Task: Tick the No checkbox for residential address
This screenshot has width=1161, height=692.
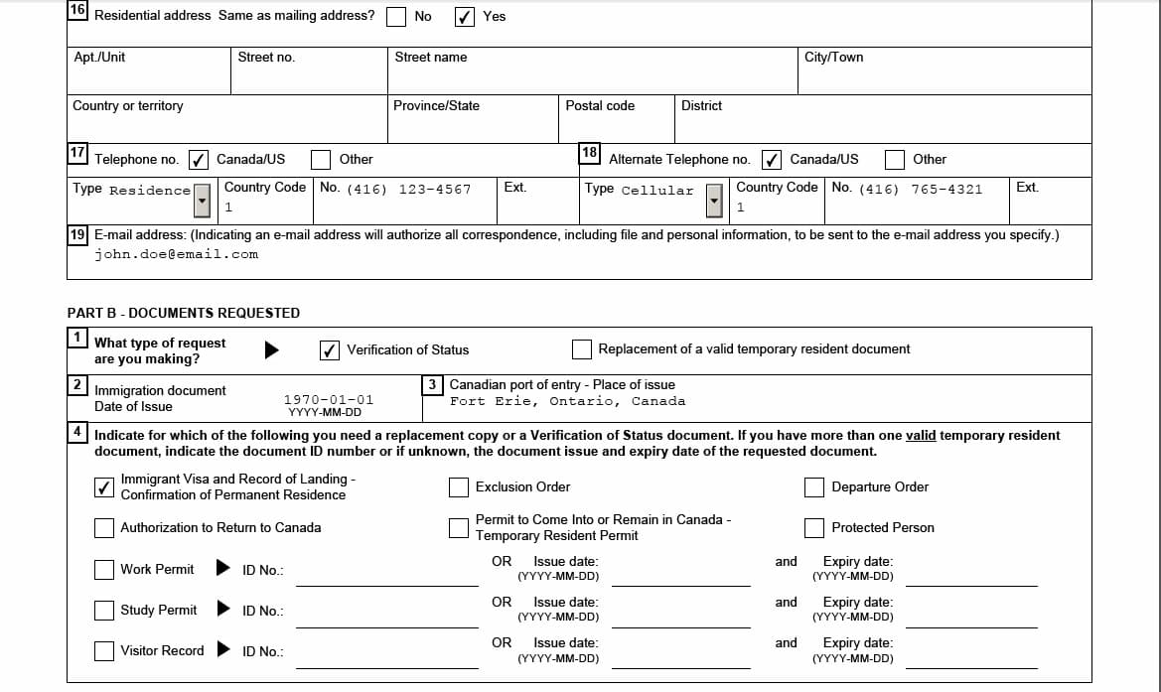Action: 396,16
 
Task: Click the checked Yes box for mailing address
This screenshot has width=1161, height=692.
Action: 464,16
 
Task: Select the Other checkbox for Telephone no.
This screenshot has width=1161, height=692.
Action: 321,159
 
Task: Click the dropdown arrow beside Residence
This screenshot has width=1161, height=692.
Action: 203,200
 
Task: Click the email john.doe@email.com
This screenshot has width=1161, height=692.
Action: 177,254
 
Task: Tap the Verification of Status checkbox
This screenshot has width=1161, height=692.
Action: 330,349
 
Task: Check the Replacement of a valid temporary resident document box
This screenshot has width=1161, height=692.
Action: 582,349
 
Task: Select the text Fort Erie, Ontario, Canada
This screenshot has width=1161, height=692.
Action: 567,401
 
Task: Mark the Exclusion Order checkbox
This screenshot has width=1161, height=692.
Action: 458,487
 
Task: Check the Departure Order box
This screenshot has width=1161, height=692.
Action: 814,487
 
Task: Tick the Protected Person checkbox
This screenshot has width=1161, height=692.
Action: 814,527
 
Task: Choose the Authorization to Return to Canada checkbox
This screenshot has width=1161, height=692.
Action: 104,527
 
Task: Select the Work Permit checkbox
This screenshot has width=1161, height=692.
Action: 104,569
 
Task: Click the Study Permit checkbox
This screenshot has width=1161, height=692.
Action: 104,610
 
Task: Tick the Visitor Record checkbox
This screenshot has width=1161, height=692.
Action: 104,650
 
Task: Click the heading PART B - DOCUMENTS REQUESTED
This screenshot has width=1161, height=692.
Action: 184,313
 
